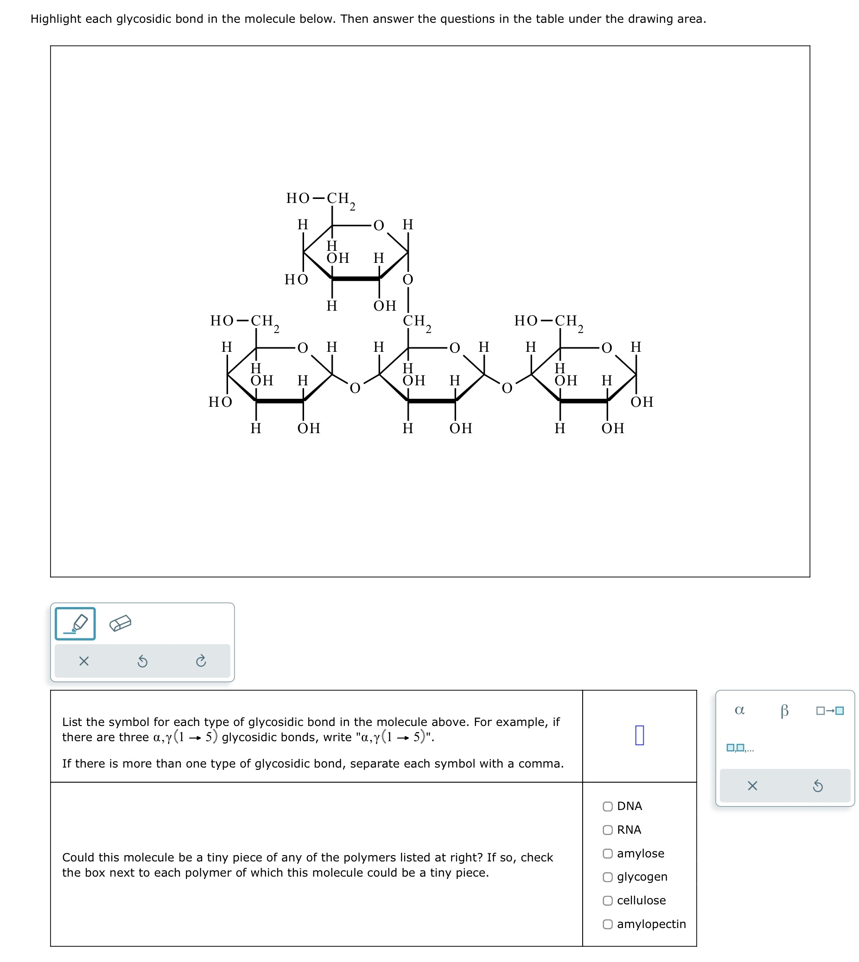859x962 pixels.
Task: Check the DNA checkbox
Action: [608, 806]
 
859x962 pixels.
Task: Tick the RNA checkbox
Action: [608, 830]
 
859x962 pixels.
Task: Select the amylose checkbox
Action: [608, 853]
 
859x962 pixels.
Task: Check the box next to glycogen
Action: [608, 877]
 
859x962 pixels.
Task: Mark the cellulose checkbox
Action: [608, 901]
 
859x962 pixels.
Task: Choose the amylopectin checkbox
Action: [608, 924]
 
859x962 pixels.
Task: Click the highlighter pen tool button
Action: [76, 624]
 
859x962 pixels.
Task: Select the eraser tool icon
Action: [120, 624]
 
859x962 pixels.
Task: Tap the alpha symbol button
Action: [740, 710]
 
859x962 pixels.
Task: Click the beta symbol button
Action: [784, 710]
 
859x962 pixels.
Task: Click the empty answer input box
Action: [639, 735]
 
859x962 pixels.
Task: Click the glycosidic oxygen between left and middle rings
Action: [355, 388]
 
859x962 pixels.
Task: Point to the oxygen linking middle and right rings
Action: [507, 388]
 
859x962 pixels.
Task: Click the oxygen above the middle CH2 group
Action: [408, 280]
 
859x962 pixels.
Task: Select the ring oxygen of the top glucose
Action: [379, 225]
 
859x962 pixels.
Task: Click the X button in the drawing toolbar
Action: [84, 662]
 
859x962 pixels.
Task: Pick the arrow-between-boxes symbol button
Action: [830, 710]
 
